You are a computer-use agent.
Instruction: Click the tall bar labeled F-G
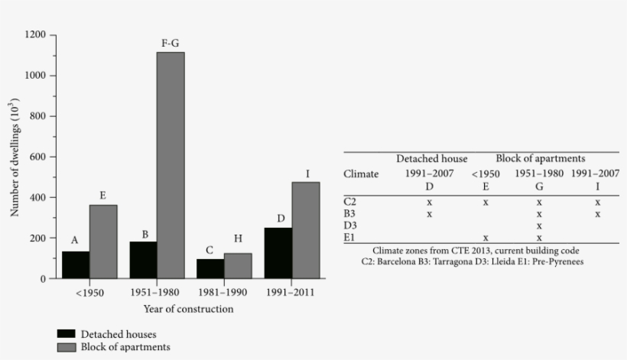click(171, 165)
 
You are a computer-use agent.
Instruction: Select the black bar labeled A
click(76, 264)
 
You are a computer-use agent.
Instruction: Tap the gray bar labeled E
click(103, 242)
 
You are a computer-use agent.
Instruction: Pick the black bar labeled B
click(143, 260)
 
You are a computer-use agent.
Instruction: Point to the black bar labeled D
click(278, 253)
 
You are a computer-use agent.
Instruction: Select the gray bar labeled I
click(306, 230)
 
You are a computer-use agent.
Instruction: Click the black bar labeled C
click(210, 268)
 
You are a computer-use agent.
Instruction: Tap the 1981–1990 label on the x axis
click(225, 293)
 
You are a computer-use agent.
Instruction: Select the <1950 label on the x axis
click(89, 293)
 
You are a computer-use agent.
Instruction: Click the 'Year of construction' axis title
click(188, 310)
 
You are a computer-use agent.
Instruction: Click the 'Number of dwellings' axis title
click(15, 157)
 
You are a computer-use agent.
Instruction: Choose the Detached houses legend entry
click(112, 334)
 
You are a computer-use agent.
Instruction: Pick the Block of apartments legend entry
click(114, 347)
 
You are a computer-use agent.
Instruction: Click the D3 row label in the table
click(350, 226)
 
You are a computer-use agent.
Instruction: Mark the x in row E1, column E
click(486, 238)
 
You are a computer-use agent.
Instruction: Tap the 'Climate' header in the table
click(361, 174)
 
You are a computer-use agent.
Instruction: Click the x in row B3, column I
click(597, 214)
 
